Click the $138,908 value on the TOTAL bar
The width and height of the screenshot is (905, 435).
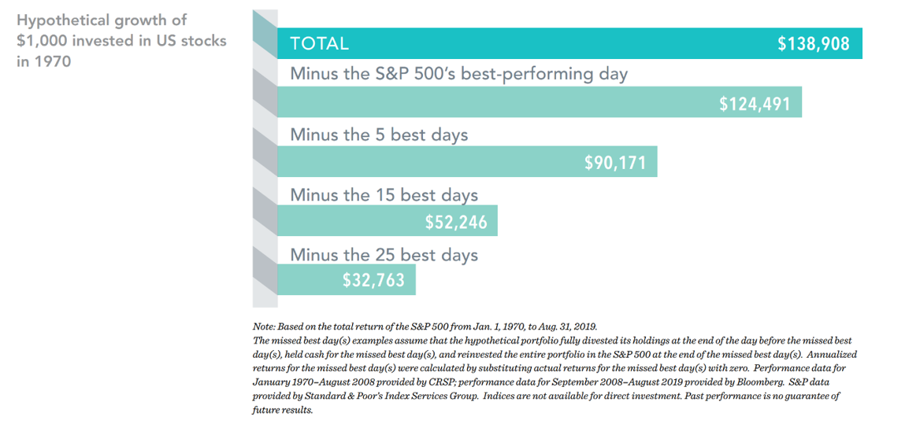[x=813, y=44]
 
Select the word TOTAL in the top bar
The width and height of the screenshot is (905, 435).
[x=319, y=44]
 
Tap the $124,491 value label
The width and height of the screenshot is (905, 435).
[x=755, y=103]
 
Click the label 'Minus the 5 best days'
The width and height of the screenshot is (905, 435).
[x=379, y=135]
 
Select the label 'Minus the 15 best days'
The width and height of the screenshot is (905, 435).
[x=384, y=195]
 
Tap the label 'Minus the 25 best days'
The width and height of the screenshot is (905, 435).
[x=384, y=254]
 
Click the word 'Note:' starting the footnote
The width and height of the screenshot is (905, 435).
[x=265, y=326]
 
